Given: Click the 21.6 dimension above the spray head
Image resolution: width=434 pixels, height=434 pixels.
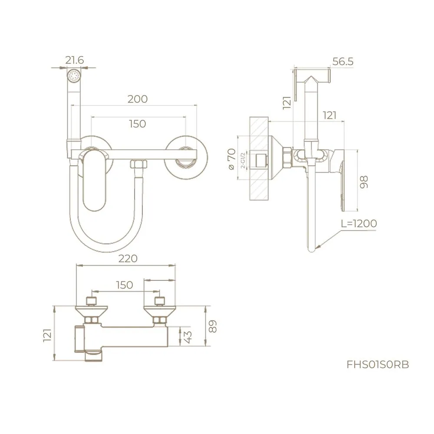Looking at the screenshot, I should click(x=75, y=60).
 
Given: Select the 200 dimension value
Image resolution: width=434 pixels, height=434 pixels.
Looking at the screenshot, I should click(x=138, y=99).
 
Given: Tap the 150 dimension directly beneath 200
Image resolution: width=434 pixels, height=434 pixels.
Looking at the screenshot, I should click(x=138, y=124).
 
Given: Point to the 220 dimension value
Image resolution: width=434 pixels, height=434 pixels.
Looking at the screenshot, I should click(x=128, y=259).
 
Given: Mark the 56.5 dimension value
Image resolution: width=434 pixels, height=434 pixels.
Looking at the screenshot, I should click(x=343, y=62).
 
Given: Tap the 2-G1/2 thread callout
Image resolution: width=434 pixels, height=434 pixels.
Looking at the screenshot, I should click(x=243, y=161).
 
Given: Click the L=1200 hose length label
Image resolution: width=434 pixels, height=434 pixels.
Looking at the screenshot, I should click(x=358, y=224).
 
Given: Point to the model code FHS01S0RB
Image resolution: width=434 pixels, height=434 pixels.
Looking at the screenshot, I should click(x=378, y=365).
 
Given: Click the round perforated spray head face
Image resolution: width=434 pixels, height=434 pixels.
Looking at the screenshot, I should click(x=75, y=76).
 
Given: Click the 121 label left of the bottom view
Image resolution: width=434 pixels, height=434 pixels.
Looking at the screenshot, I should click(x=48, y=335).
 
